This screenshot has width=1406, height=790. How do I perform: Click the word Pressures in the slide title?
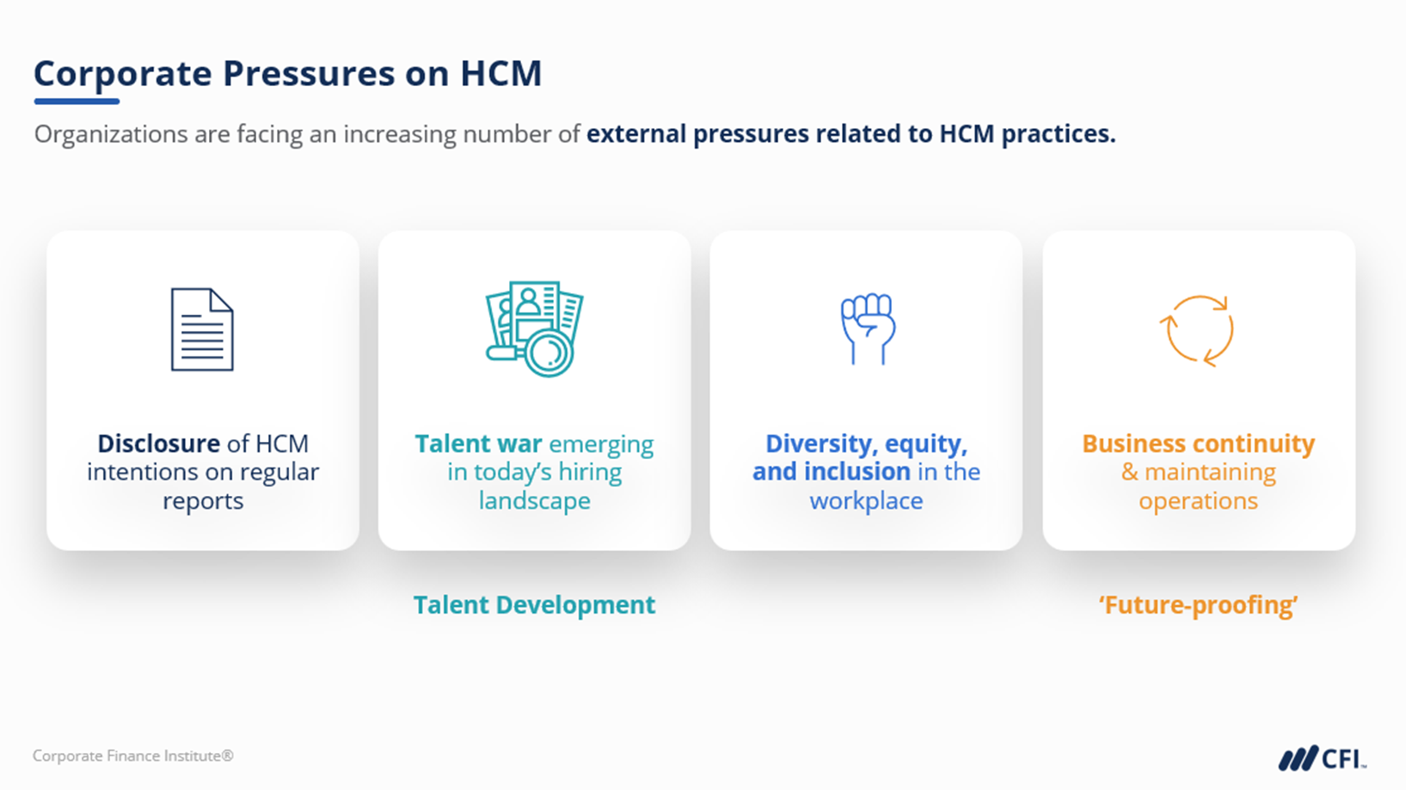(x=309, y=73)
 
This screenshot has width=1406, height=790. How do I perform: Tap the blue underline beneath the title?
(x=77, y=101)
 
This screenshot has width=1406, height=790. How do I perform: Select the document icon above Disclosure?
(x=202, y=329)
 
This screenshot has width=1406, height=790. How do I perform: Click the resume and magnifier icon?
(x=534, y=328)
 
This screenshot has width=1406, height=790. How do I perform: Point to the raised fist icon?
(x=868, y=328)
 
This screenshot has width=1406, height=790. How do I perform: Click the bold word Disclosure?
(x=158, y=444)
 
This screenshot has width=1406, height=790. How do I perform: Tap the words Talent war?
(x=478, y=444)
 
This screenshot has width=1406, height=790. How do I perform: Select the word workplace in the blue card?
(x=866, y=501)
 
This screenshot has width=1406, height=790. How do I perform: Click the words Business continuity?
(x=1198, y=444)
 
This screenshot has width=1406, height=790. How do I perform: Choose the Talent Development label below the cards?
(x=534, y=605)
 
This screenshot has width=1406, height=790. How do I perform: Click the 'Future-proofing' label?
(x=1198, y=605)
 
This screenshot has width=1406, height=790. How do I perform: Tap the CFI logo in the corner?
(x=1322, y=758)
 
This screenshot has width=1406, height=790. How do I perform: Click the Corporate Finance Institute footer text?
(x=133, y=756)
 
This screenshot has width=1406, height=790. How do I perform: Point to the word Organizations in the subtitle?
(x=111, y=134)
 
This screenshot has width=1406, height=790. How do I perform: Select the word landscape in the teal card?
(x=534, y=501)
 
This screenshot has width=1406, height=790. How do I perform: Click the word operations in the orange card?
(x=1198, y=501)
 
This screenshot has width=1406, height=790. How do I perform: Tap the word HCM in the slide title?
(x=500, y=73)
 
